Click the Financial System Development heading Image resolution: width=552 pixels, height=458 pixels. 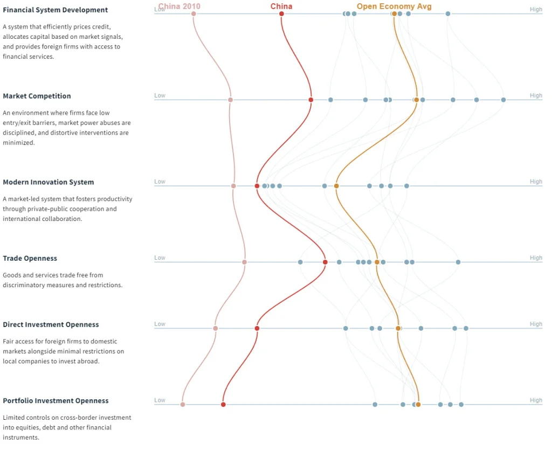pyautogui.click(x=55, y=10)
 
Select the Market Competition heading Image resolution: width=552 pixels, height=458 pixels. pyautogui.click(x=37, y=96)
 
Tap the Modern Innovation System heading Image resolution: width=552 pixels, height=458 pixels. pyautogui.click(x=48, y=182)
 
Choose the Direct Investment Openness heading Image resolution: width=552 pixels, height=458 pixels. pyautogui.click(x=51, y=324)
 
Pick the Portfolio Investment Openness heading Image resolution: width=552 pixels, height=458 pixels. pyautogui.click(x=56, y=400)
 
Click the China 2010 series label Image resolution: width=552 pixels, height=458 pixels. pyautogui.click(x=180, y=6)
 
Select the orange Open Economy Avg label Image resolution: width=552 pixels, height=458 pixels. pyautogui.click(x=394, y=6)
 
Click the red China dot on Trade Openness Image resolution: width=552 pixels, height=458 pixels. pyautogui.click(x=325, y=262)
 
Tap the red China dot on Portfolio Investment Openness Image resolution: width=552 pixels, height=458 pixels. pyautogui.click(x=223, y=404)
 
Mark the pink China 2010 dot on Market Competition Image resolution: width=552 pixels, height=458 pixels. pyautogui.click(x=230, y=100)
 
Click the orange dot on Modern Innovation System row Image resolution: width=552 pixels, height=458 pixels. pyautogui.click(x=336, y=186)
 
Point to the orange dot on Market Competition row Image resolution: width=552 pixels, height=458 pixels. pyautogui.click(x=417, y=100)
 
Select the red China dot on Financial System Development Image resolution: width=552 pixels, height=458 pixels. pyautogui.click(x=281, y=13)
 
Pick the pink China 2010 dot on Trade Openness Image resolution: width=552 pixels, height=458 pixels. pyautogui.click(x=244, y=262)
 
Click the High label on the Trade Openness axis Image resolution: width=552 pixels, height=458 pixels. pyautogui.click(x=536, y=258)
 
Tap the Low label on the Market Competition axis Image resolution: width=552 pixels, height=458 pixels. pyautogui.click(x=160, y=95)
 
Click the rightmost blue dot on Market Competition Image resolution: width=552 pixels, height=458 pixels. pyautogui.click(x=503, y=100)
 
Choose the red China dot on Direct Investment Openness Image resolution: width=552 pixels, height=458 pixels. pyautogui.click(x=257, y=328)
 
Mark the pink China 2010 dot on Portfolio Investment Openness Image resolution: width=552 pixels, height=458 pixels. pyautogui.click(x=183, y=404)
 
